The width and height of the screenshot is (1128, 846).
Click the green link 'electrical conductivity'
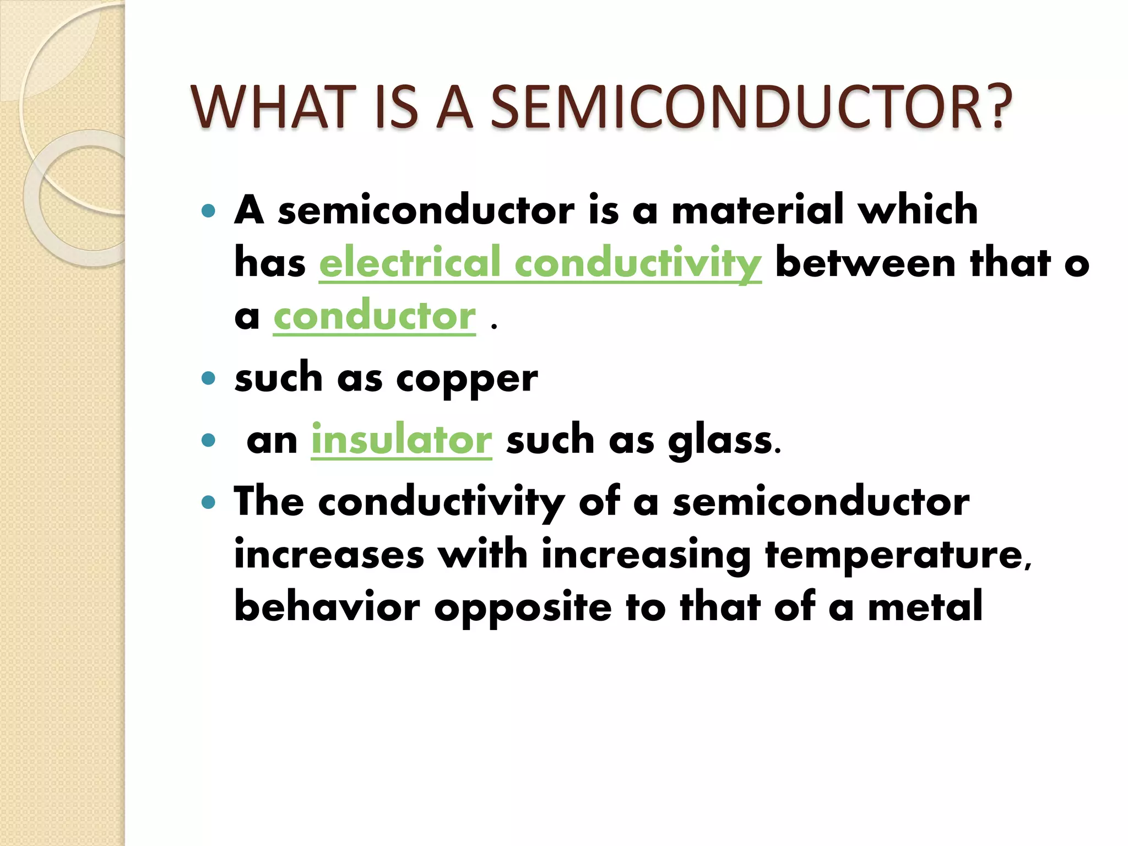click(x=540, y=263)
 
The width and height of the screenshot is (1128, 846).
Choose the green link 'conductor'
click(x=375, y=316)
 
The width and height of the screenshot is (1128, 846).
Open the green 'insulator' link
click(x=402, y=440)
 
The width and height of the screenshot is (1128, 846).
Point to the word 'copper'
click(x=467, y=380)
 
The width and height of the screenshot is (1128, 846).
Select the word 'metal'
click(x=925, y=606)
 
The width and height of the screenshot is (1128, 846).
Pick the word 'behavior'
click(x=327, y=606)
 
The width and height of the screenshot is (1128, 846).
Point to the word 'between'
click(x=865, y=263)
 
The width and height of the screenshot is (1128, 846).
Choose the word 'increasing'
click(x=646, y=555)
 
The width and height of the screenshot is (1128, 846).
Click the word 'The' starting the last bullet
click(x=269, y=502)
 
